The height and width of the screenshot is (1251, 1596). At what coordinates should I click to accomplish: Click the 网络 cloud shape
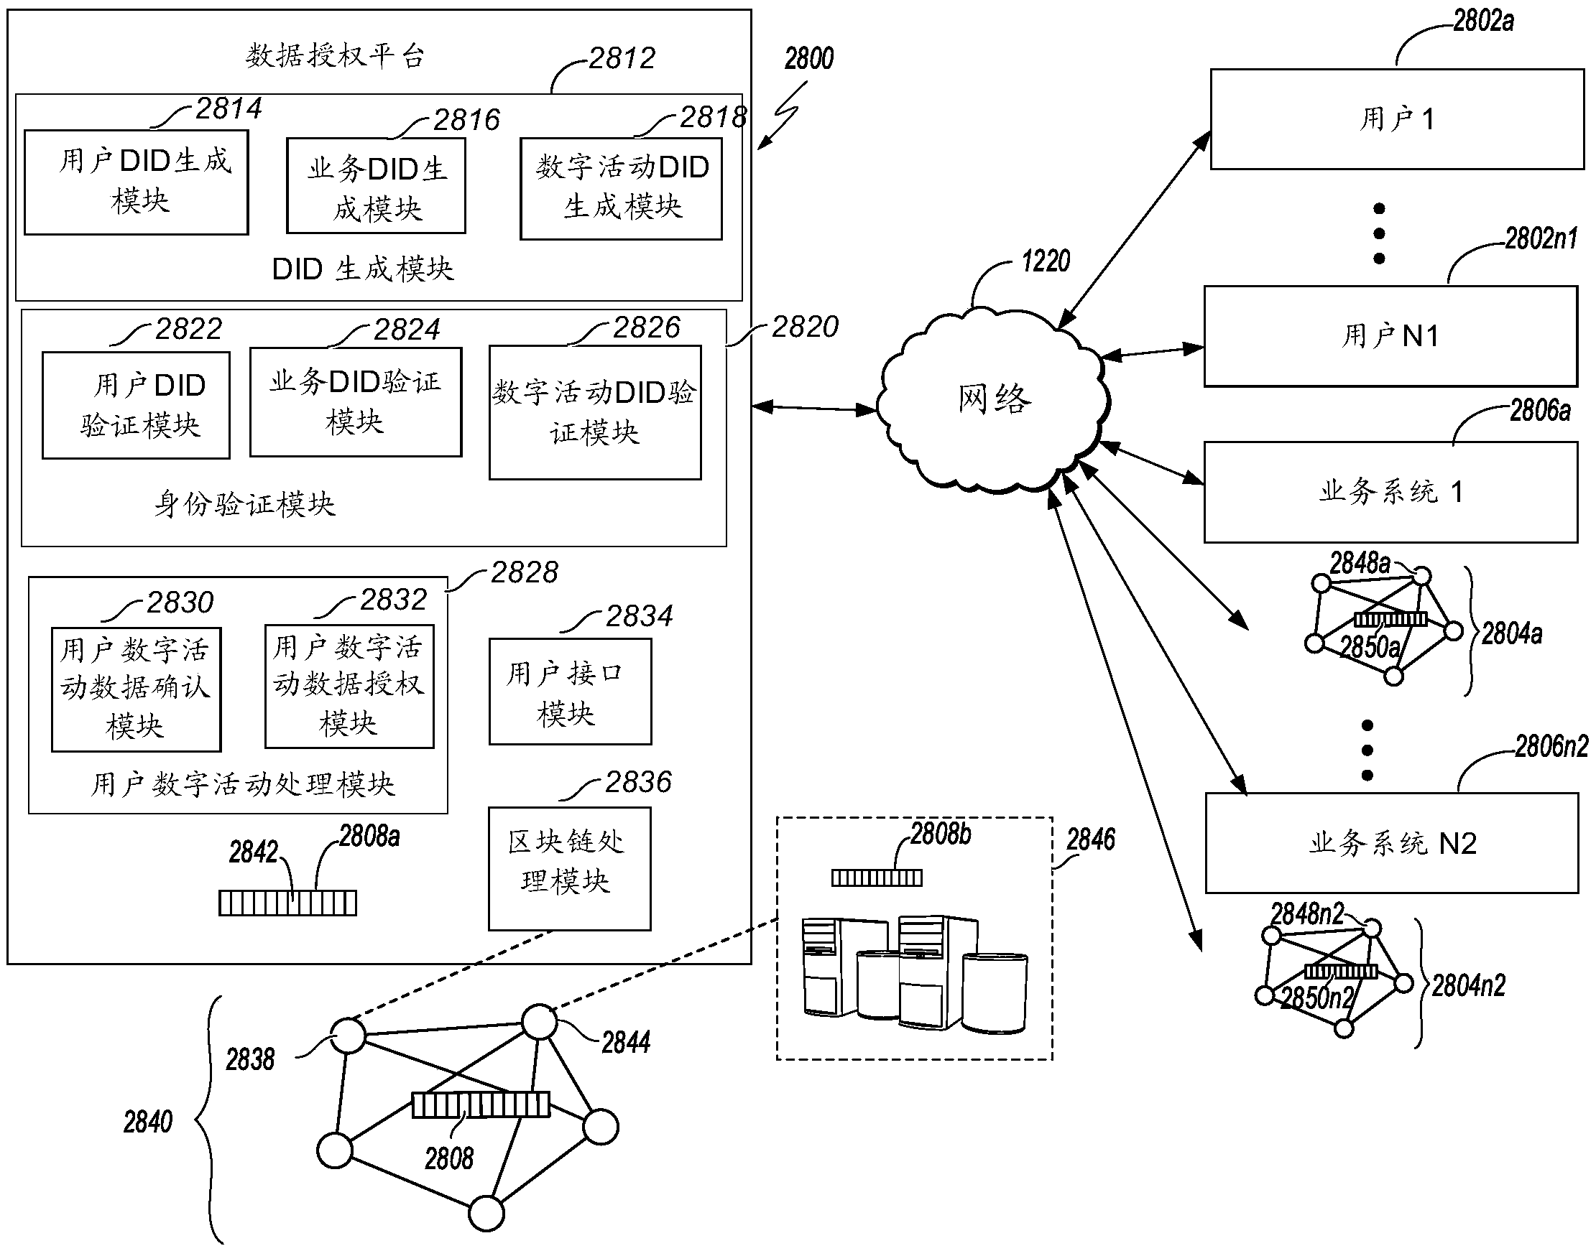[x=993, y=399]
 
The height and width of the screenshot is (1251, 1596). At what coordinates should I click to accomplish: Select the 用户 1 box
[x=1396, y=119]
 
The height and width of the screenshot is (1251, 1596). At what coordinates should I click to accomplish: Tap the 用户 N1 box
[x=1390, y=336]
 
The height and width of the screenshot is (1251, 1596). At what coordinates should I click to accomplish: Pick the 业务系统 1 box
[x=1390, y=492]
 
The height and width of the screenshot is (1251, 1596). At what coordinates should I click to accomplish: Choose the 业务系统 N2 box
[x=1391, y=843]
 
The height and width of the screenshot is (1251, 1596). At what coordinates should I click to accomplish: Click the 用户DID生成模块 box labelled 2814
[x=137, y=182]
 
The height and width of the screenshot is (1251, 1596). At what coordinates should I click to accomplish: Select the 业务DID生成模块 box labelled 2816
[x=376, y=186]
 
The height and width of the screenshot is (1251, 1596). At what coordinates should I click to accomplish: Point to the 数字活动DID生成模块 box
[x=621, y=189]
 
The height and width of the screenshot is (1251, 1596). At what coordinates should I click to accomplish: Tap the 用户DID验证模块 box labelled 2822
[x=137, y=405]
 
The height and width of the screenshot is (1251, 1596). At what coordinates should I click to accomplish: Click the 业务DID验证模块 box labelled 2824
[x=356, y=402]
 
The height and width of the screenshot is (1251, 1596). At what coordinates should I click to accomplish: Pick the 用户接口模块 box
[x=570, y=692]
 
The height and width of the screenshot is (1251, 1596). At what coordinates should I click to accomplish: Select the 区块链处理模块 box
[x=569, y=869]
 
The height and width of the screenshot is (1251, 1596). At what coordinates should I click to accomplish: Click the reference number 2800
[x=809, y=59]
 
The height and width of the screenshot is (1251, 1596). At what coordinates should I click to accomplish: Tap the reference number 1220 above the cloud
[x=1046, y=261]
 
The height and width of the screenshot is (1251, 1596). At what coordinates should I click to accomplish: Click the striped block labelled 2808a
[x=287, y=903]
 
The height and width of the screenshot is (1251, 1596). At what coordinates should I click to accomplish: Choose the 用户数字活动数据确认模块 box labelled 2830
[x=137, y=689]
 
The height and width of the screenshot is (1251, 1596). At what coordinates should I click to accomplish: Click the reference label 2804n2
[x=1469, y=986]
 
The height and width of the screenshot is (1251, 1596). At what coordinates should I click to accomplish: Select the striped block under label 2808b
[x=877, y=878]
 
